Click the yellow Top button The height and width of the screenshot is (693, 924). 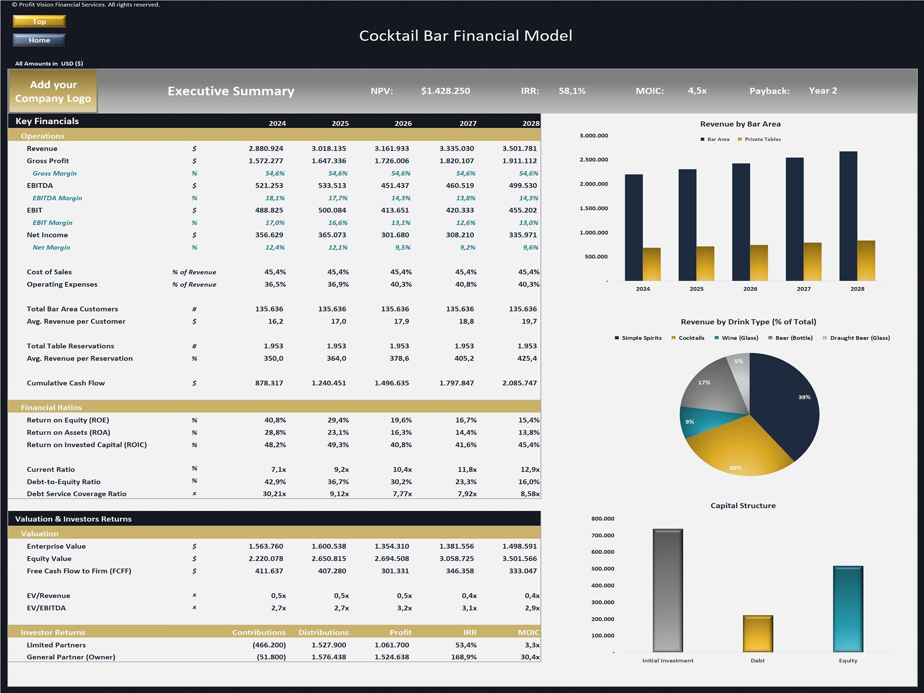(39, 21)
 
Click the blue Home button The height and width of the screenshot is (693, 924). (39, 40)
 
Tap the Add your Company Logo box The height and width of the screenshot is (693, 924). (53, 91)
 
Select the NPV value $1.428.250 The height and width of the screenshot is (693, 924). (445, 91)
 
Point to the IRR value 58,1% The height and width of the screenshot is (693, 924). (572, 91)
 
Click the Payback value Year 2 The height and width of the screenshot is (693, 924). (822, 91)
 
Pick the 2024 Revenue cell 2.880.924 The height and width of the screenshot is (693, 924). (266, 148)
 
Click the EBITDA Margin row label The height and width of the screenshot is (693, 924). (57, 198)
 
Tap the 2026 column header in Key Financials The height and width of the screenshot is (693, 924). (403, 123)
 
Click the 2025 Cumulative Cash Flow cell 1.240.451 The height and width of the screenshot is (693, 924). (328, 383)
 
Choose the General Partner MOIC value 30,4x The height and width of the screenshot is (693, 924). (529, 657)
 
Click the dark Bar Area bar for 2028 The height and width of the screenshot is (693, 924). (848, 217)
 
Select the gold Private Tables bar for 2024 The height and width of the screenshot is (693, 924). (651, 264)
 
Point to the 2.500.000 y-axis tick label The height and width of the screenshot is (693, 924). (594, 160)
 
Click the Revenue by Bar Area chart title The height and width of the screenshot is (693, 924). (740, 124)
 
